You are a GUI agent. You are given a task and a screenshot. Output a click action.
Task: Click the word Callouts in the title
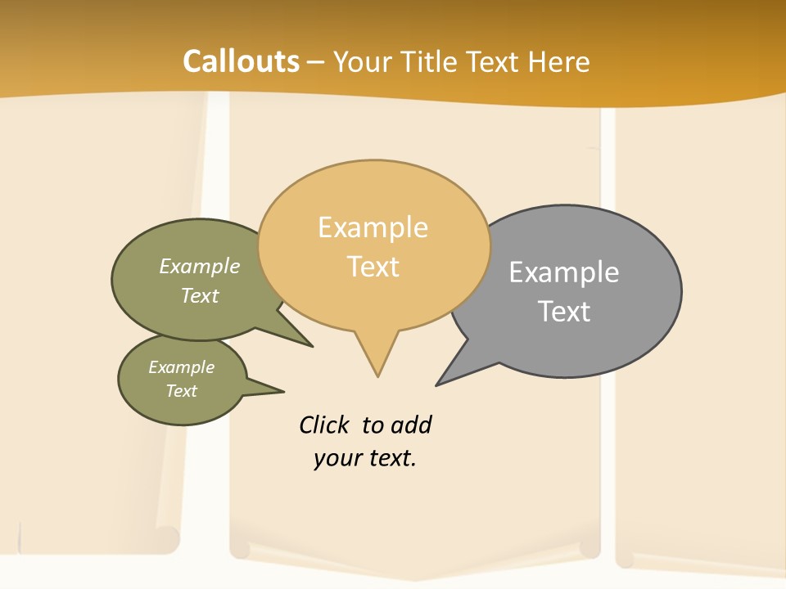pos(241,61)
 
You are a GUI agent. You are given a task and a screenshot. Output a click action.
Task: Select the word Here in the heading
pos(559,61)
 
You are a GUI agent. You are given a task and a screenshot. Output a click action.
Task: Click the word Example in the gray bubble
pos(564,272)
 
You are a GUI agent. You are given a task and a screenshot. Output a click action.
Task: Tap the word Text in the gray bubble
pos(564,311)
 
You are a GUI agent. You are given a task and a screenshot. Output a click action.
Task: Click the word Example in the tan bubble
pos(373,227)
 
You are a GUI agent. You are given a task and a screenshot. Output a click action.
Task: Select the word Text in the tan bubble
pos(373,267)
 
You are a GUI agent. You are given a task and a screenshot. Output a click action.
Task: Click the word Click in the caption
pos(323,425)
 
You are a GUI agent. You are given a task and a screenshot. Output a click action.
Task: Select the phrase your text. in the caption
pos(365,458)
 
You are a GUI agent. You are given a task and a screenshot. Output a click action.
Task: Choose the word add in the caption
pos(412,425)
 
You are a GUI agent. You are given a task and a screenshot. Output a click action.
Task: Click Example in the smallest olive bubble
pos(182,367)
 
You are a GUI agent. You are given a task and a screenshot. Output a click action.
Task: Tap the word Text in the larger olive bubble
pos(200,295)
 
